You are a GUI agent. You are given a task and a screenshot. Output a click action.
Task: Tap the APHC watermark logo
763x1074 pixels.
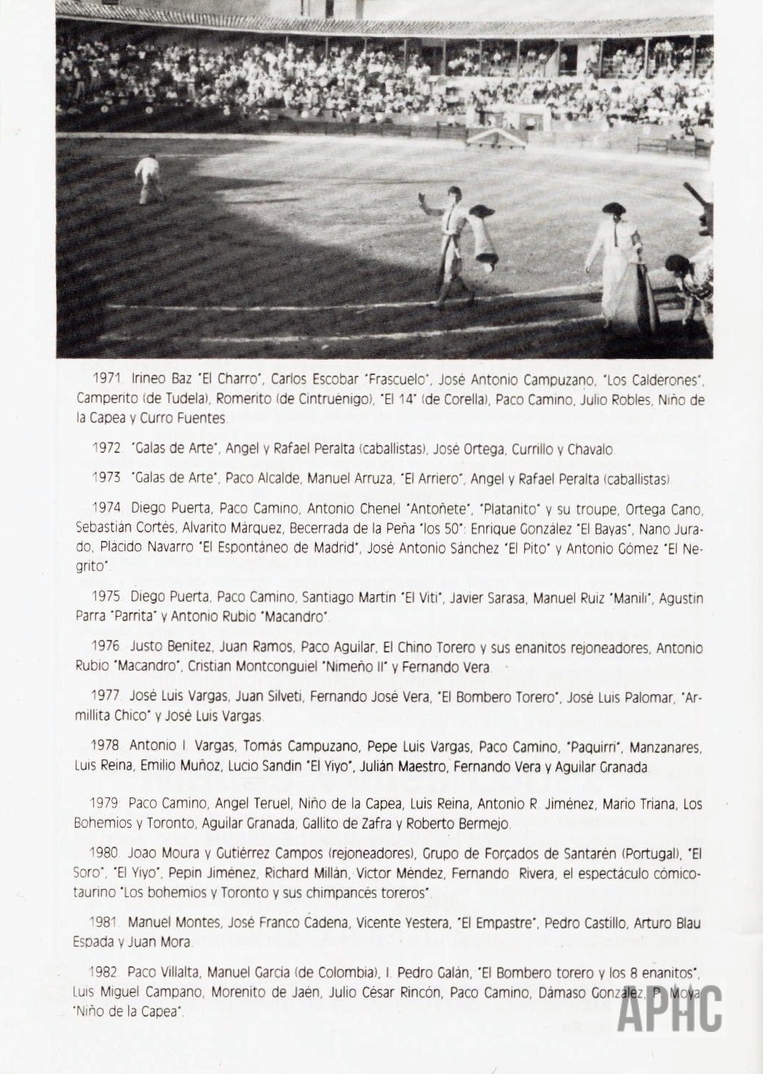(670, 1009)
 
